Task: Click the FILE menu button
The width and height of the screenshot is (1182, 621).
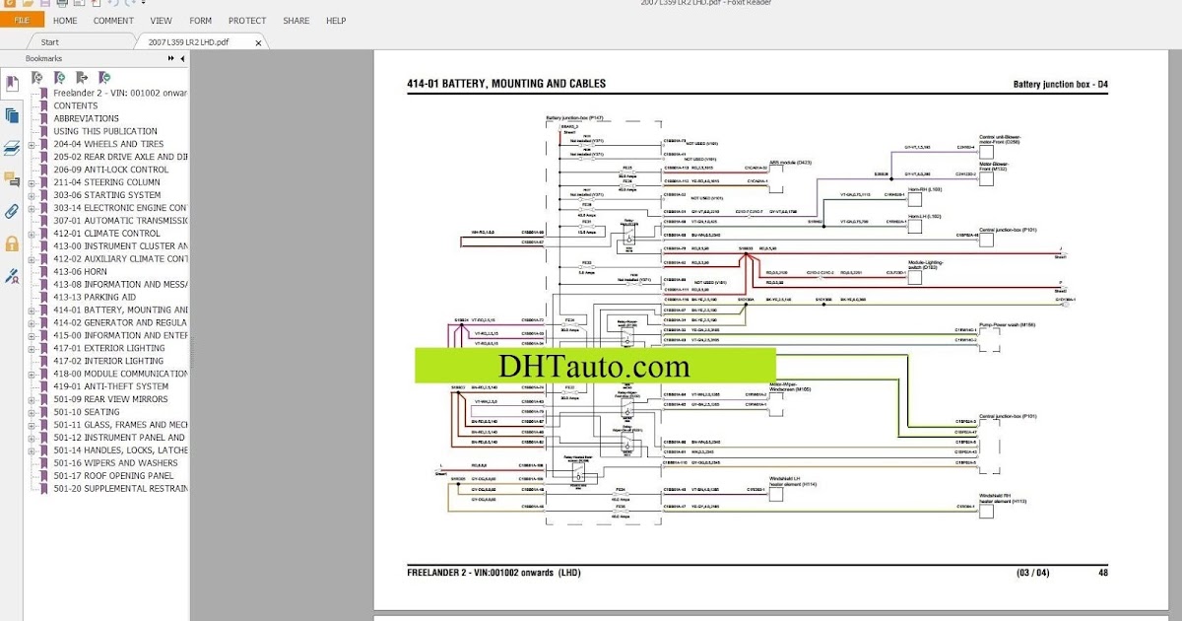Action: tap(21, 20)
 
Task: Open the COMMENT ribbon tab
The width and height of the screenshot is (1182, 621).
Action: tap(113, 20)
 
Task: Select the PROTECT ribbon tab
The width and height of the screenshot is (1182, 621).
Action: tap(247, 20)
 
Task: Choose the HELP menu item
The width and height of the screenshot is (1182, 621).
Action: tap(336, 20)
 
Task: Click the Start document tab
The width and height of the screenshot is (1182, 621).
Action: tap(49, 42)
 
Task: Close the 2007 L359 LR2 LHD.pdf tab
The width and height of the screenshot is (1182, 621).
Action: tap(259, 42)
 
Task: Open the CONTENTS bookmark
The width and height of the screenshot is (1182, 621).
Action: tap(76, 105)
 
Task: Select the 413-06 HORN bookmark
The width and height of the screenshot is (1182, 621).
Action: tap(80, 271)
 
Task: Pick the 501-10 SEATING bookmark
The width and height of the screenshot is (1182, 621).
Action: tap(87, 412)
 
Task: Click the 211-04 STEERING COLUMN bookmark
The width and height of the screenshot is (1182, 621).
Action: tap(106, 182)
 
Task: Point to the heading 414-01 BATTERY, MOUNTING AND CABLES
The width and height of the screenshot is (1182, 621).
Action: tap(506, 84)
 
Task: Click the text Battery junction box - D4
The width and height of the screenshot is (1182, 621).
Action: tap(1060, 85)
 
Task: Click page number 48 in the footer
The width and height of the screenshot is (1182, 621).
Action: tap(1102, 573)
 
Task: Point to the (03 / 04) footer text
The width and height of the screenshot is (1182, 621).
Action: tap(1034, 573)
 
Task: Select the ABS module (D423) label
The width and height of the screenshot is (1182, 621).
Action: tap(791, 162)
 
